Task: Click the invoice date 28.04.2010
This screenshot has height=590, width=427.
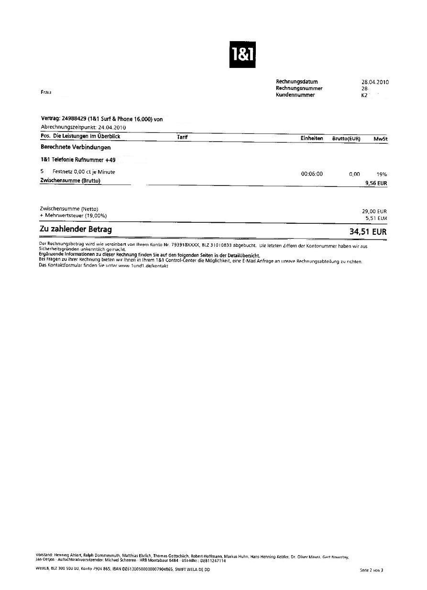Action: tap(375, 82)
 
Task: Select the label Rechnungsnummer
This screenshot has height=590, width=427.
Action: tap(299, 88)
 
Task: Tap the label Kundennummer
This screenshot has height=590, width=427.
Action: tap(295, 95)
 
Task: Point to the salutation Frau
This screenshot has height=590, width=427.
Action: tap(46, 92)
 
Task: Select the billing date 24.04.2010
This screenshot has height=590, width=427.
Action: tap(112, 128)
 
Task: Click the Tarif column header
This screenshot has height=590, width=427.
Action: tap(182, 137)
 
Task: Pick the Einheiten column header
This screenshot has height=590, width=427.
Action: tap(312, 138)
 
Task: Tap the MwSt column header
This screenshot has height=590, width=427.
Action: tap(380, 139)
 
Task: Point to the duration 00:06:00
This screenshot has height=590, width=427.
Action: tap(312, 174)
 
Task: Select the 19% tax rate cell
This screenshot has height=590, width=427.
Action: tap(381, 175)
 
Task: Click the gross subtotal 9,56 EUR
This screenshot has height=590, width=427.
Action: tap(376, 183)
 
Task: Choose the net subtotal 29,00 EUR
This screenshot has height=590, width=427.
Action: tap(374, 211)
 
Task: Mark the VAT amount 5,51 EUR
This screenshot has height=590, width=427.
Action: tap(376, 218)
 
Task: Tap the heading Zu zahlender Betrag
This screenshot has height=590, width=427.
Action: tap(76, 230)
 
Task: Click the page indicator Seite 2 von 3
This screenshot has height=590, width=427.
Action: tap(372, 570)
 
